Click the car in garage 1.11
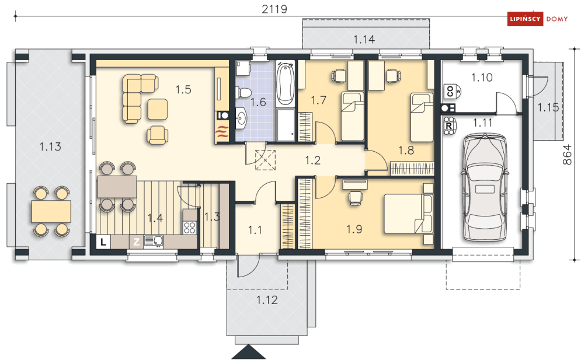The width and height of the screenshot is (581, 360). [484, 188]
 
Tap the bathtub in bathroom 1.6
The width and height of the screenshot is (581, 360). [286, 83]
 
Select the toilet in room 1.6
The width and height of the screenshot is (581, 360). [242, 93]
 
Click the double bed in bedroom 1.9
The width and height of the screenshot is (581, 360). [408, 214]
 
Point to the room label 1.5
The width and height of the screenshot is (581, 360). [183, 90]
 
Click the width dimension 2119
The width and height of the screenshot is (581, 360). [274, 9]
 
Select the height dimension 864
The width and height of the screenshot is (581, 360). [568, 155]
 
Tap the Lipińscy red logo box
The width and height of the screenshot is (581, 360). [525, 19]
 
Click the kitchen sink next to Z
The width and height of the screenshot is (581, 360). [154, 242]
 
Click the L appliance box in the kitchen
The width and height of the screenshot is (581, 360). [103, 242]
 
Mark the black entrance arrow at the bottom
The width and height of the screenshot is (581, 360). [248, 352]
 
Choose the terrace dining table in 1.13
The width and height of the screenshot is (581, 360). [51, 211]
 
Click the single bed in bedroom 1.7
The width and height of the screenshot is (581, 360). [352, 116]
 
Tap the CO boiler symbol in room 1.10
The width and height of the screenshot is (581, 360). [453, 91]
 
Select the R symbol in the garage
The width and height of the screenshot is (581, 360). [449, 125]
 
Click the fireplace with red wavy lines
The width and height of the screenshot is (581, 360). [222, 132]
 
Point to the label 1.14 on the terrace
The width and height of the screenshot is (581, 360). [364, 39]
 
